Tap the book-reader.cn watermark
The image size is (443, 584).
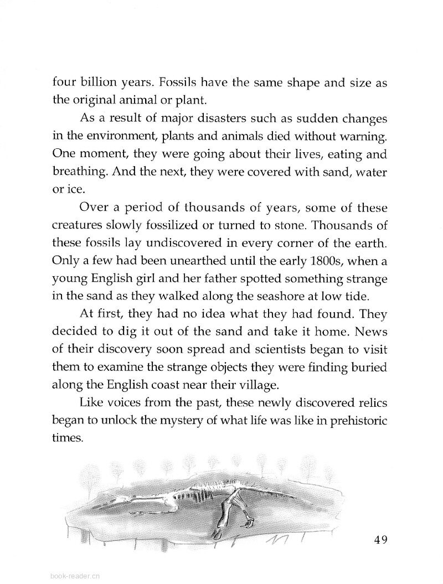75,575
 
